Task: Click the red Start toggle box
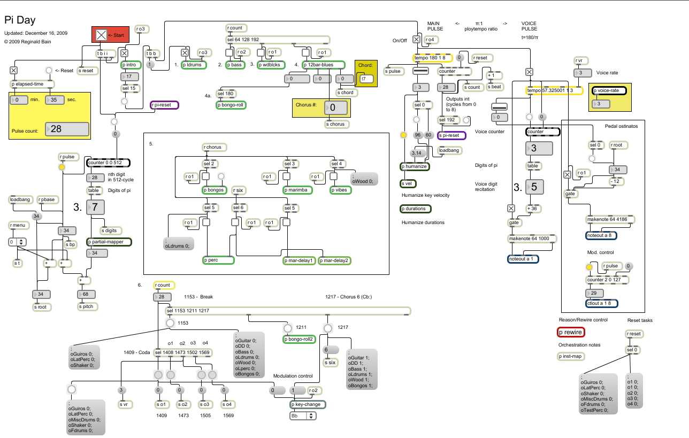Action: (x=101, y=35)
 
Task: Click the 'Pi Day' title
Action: (x=20, y=20)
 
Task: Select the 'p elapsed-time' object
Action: (x=33, y=84)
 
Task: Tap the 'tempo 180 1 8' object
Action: (x=432, y=58)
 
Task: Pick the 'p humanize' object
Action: (x=415, y=166)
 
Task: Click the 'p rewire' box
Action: (x=570, y=332)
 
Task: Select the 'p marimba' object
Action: (x=296, y=190)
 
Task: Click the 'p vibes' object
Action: (x=340, y=190)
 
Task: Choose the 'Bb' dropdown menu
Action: (x=303, y=416)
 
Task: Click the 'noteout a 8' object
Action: (x=601, y=235)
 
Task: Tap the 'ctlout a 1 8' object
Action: (x=602, y=303)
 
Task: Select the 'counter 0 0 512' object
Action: (x=108, y=163)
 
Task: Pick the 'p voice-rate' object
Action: (x=609, y=90)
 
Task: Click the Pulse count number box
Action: (x=67, y=129)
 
